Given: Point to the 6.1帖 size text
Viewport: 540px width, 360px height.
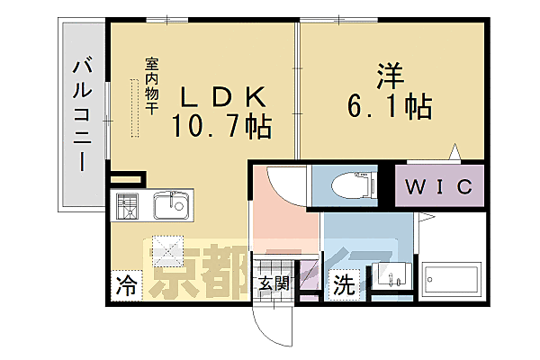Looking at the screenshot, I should (389, 106).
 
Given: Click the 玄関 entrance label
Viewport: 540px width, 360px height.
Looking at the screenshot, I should (274, 284).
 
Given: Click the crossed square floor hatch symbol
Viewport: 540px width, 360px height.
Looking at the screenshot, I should (167, 246).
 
